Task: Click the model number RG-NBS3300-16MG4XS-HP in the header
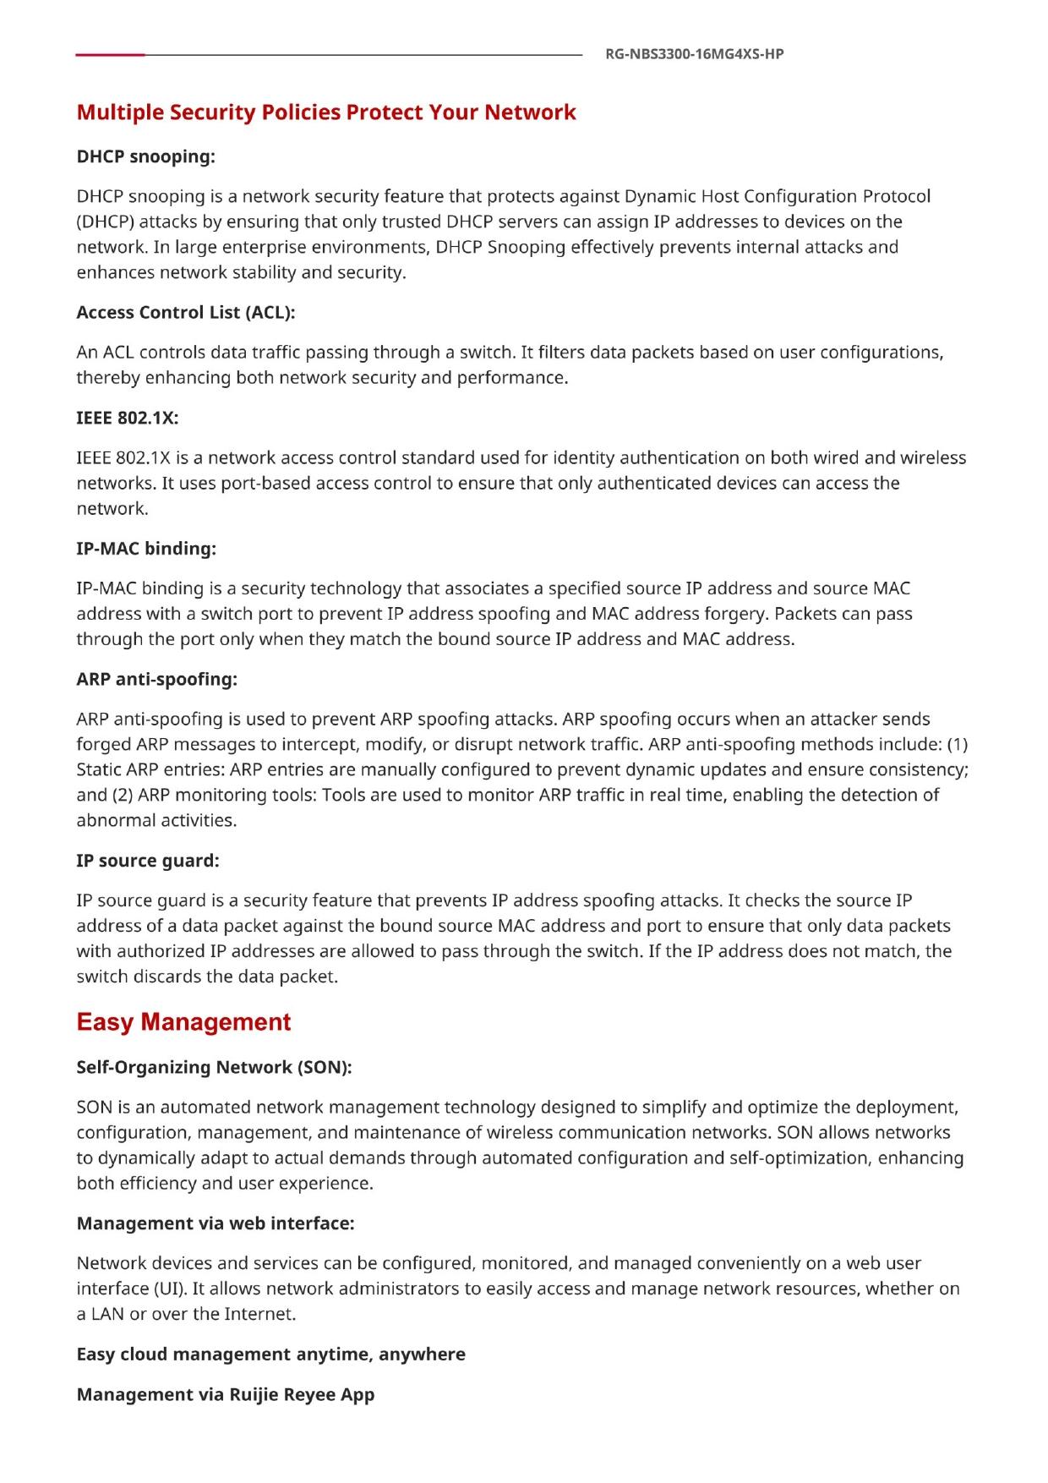tap(695, 54)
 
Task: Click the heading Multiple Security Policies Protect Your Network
tap(326, 112)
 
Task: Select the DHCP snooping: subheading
tap(145, 156)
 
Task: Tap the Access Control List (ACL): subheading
tap(186, 312)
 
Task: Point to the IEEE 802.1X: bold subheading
tap(128, 418)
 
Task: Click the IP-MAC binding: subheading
tap(146, 549)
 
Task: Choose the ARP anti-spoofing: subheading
tap(156, 679)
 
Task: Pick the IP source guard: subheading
tap(148, 861)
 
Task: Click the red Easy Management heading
tap(183, 1022)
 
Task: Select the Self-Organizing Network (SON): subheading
tap(214, 1067)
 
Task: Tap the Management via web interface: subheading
tap(216, 1223)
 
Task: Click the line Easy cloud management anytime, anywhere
tap(270, 1354)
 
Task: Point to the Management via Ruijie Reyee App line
tap(225, 1394)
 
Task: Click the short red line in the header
tap(110, 55)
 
